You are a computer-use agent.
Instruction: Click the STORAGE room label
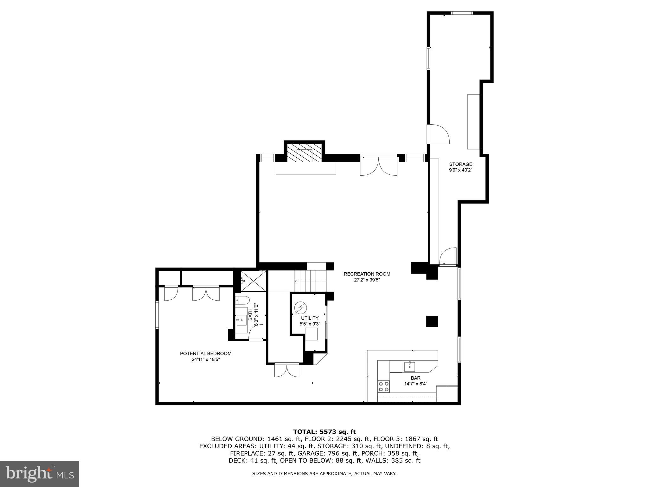tap(460, 164)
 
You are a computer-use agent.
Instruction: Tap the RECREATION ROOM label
tap(367, 274)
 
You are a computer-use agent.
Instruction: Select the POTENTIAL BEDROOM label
tap(206, 354)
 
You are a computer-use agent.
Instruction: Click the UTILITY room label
tap(310, 318)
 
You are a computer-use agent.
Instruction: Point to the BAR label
tap(415, 378)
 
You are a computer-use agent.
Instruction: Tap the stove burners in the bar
tap(383, 386)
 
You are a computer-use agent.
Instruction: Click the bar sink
tap(410, 366)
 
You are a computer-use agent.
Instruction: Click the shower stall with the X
tap(253, 281)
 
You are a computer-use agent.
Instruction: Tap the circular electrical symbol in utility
tap(300, 307)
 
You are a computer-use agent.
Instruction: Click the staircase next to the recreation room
tap(310, 281)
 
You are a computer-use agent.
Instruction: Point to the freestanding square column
tap(432, 321)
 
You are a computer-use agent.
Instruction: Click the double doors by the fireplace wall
tap(379, 166)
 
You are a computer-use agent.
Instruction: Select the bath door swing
tap(256, 333)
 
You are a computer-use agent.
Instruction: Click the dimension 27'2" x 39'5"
tap(367, 280)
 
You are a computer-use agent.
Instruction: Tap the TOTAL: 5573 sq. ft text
tap(324, 432)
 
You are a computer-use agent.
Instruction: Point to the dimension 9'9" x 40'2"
tap(460, 170)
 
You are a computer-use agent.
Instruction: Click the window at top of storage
tap(462, 13)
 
